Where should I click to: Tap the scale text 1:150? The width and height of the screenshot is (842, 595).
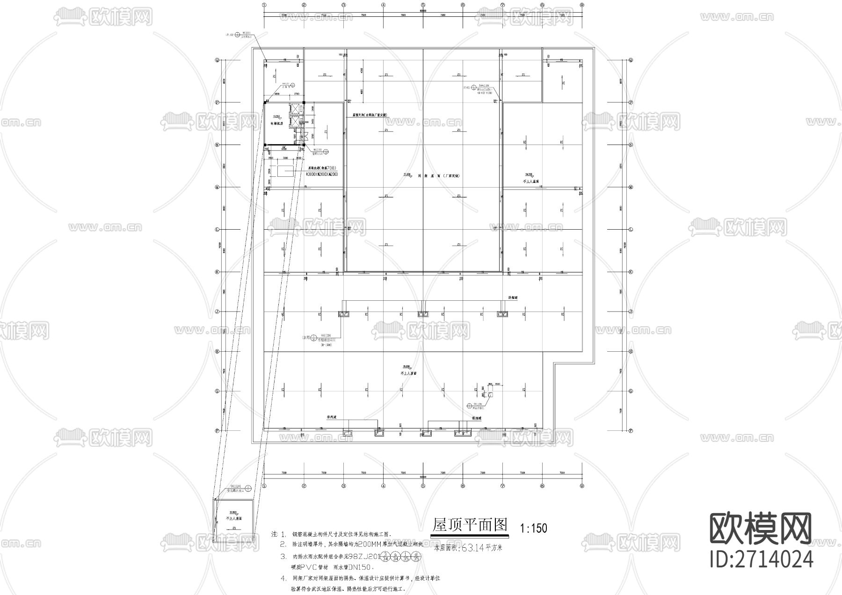coord(533,529)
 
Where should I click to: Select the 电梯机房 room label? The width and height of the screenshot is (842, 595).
coord(277,123)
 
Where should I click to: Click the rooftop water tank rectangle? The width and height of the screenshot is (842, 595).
coord(284,171)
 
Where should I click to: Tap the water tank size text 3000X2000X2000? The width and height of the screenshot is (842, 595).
coord(322,174)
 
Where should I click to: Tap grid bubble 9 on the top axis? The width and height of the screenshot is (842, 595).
coord(582,5)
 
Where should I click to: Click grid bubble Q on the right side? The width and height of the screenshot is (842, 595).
coord(631,60)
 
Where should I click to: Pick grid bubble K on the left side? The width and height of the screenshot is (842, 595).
coord(217,272)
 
